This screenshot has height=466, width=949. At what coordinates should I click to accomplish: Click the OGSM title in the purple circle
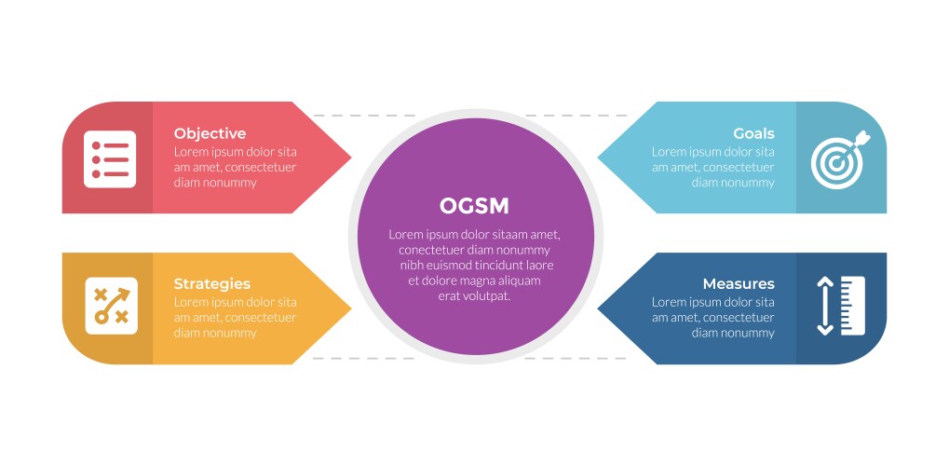point(474,206)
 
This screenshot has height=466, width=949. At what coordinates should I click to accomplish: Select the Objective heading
point(210,133)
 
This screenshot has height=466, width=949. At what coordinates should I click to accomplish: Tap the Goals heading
point(753,133)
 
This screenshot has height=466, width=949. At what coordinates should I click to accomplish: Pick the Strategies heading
point(211,284)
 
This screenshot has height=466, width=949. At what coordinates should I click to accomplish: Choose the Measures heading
point(738,284)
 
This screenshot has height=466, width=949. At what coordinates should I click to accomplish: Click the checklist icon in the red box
point(110,159)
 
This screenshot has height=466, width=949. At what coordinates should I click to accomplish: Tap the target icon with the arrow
point(839,159)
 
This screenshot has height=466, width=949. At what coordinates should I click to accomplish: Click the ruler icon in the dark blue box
point(852,306)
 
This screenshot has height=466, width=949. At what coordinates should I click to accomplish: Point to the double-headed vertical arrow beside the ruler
point(824,306)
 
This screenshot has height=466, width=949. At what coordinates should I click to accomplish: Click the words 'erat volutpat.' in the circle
point(474,296)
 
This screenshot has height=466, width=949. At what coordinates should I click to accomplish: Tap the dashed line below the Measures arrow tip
point(577,358)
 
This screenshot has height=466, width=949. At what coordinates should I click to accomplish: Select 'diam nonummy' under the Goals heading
point(733,183)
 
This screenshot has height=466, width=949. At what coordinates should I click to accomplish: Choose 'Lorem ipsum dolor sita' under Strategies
point(235,302)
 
